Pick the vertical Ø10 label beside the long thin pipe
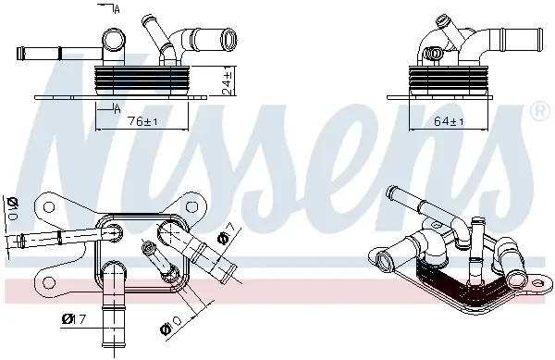coord(11,213)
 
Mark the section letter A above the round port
coord(117,8)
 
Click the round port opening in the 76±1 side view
coord(114,40)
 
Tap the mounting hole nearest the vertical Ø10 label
coord(43,205)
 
